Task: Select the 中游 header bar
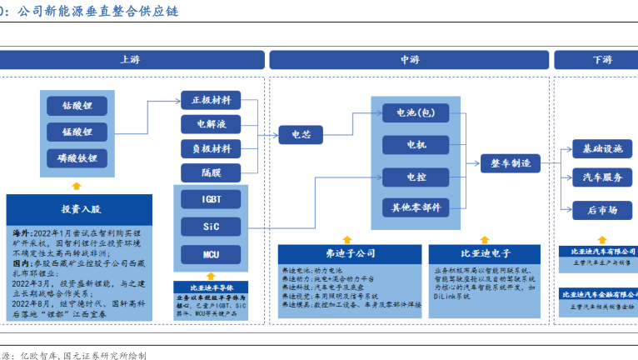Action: pos(409,60)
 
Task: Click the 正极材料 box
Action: pos(211,100)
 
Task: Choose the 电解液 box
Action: pos(211,124)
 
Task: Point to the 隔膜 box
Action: pos(211,172)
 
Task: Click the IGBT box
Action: pos(211,200)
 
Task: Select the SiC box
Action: pos(211,227)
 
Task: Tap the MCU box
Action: pos(211,254)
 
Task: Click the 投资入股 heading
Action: pos(80,209)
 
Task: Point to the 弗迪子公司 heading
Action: pos(349,252)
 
